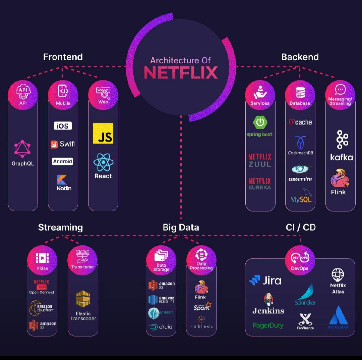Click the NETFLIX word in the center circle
coord(181,72)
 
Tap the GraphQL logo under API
coord(22,149)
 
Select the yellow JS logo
coord(103,133)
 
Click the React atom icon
coord(103,163)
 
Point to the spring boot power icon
coord(260,122)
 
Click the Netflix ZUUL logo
coord(260,160)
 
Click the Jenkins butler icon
coord(268,299)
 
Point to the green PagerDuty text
coord(268,325)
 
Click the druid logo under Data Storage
coord(161,327)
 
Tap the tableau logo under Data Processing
coord(201,322)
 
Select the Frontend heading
coord(63,57)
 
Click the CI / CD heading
coord(301,227)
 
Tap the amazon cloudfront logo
coord(42,308)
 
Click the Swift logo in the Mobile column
coord(63,144)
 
